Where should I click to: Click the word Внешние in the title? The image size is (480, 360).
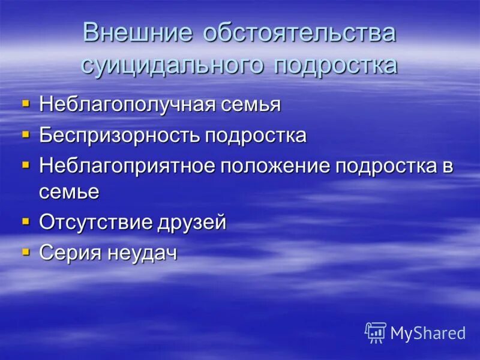click(x=137, y=33)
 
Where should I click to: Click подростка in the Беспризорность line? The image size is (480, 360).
click(x=256, y=136)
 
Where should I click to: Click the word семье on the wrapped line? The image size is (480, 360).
click(x=69, y=191)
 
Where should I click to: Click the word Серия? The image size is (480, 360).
click(x=70, y=253)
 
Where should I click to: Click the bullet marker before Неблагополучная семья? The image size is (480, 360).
click(x=25, y=103)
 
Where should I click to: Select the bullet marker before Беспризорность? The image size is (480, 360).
click(x=25, y=134)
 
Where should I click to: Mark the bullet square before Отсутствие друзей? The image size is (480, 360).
click(x=25, y=221)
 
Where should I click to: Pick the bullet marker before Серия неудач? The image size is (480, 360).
click(x=25, y=251)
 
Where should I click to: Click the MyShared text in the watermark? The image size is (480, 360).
click(x=428, y=333)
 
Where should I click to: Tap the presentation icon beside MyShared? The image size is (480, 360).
click(x=376, y=332)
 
